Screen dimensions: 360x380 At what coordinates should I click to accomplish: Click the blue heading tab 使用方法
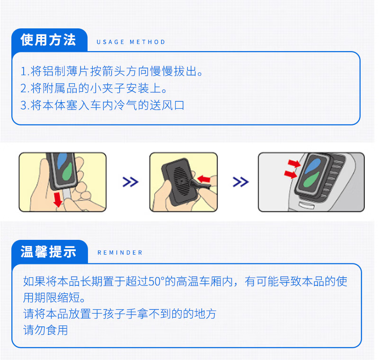pos(48,40)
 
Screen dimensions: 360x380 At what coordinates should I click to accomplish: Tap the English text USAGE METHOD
pos(131,42)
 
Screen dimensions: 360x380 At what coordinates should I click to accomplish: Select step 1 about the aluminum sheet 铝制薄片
pos(112,72)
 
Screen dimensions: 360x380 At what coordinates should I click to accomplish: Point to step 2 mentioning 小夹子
pos(94,88)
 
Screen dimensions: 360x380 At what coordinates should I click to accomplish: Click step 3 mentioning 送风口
pos(102,105)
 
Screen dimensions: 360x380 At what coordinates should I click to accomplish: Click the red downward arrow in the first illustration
pos(58,200)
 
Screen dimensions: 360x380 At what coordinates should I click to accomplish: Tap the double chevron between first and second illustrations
pos(130,182)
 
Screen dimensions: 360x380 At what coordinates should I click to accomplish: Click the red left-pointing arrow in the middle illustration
pos(204,179)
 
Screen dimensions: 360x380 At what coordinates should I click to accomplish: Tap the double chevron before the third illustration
pos(240,182)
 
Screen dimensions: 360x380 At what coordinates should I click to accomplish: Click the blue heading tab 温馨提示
pos(48,252)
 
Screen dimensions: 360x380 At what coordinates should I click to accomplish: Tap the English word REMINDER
pos(120,253)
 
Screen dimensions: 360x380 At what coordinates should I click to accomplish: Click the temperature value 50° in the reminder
pos(156,282)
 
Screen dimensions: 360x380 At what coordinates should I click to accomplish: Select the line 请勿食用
pos(46,330)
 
